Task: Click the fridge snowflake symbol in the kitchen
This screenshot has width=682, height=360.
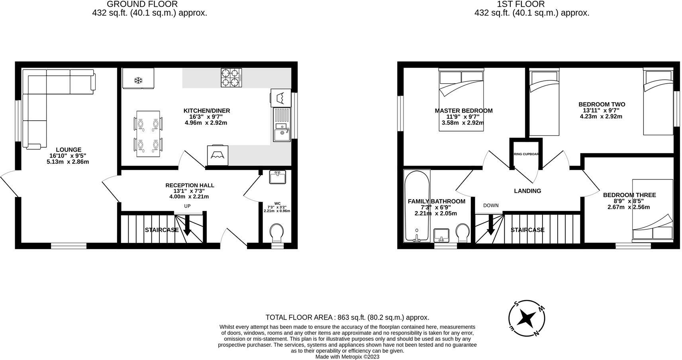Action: point(138,81)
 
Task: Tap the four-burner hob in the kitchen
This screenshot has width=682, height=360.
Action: point(231,78)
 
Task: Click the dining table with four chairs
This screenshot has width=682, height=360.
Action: point(148,133)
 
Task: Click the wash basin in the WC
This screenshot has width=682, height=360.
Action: point(277,177)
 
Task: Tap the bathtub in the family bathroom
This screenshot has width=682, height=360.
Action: point(417,206)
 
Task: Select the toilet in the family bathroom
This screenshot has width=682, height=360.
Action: point(463,233)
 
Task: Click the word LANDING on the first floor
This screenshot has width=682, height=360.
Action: point(527,191)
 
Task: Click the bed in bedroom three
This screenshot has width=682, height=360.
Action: point(653,209)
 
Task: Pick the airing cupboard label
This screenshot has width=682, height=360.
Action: point(526,154)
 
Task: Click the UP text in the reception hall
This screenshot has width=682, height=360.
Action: point(187,206)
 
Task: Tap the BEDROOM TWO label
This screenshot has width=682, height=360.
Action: point(602,104)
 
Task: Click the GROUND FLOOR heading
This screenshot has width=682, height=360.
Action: point(142,4)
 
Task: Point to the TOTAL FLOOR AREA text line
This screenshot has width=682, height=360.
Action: point(347,317)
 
